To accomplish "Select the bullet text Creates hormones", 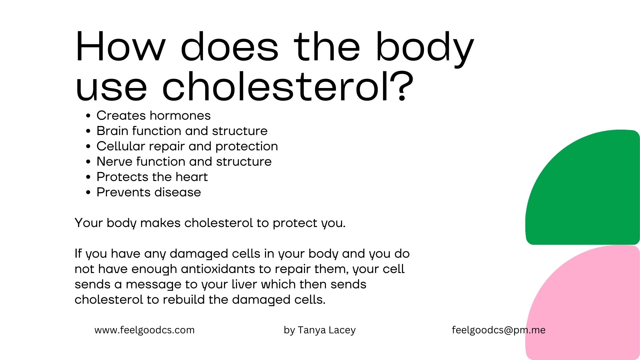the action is click(x=153, y=116).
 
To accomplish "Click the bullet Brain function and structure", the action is click(x=182, y=131).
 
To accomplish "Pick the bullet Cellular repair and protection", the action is click(x=187, y=146).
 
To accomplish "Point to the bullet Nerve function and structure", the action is click(x=184, y=162).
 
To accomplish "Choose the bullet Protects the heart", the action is click(x=152, y=177).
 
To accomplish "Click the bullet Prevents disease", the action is click(x=149, y=192).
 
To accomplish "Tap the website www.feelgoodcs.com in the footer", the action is click(x=145, y=330).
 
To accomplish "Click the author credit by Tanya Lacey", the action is click(x=320, y=330).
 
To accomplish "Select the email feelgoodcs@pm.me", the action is click(x=499, y=330).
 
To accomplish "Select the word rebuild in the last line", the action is click(x=184, y=300).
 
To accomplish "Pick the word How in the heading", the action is click(x=120, y=47).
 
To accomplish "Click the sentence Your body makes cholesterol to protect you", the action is click(x=210, y=223).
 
